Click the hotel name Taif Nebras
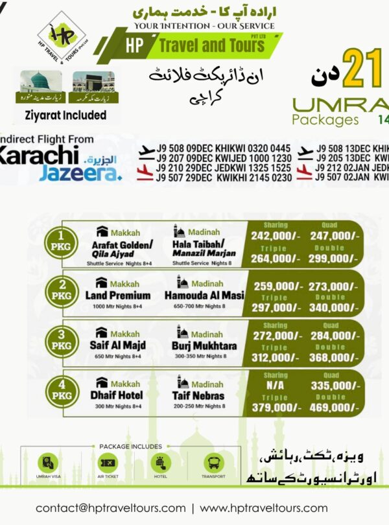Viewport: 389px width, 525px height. click(198, 395)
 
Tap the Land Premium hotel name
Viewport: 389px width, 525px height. click(122, 296)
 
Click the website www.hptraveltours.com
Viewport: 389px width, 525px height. click(264, 507)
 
